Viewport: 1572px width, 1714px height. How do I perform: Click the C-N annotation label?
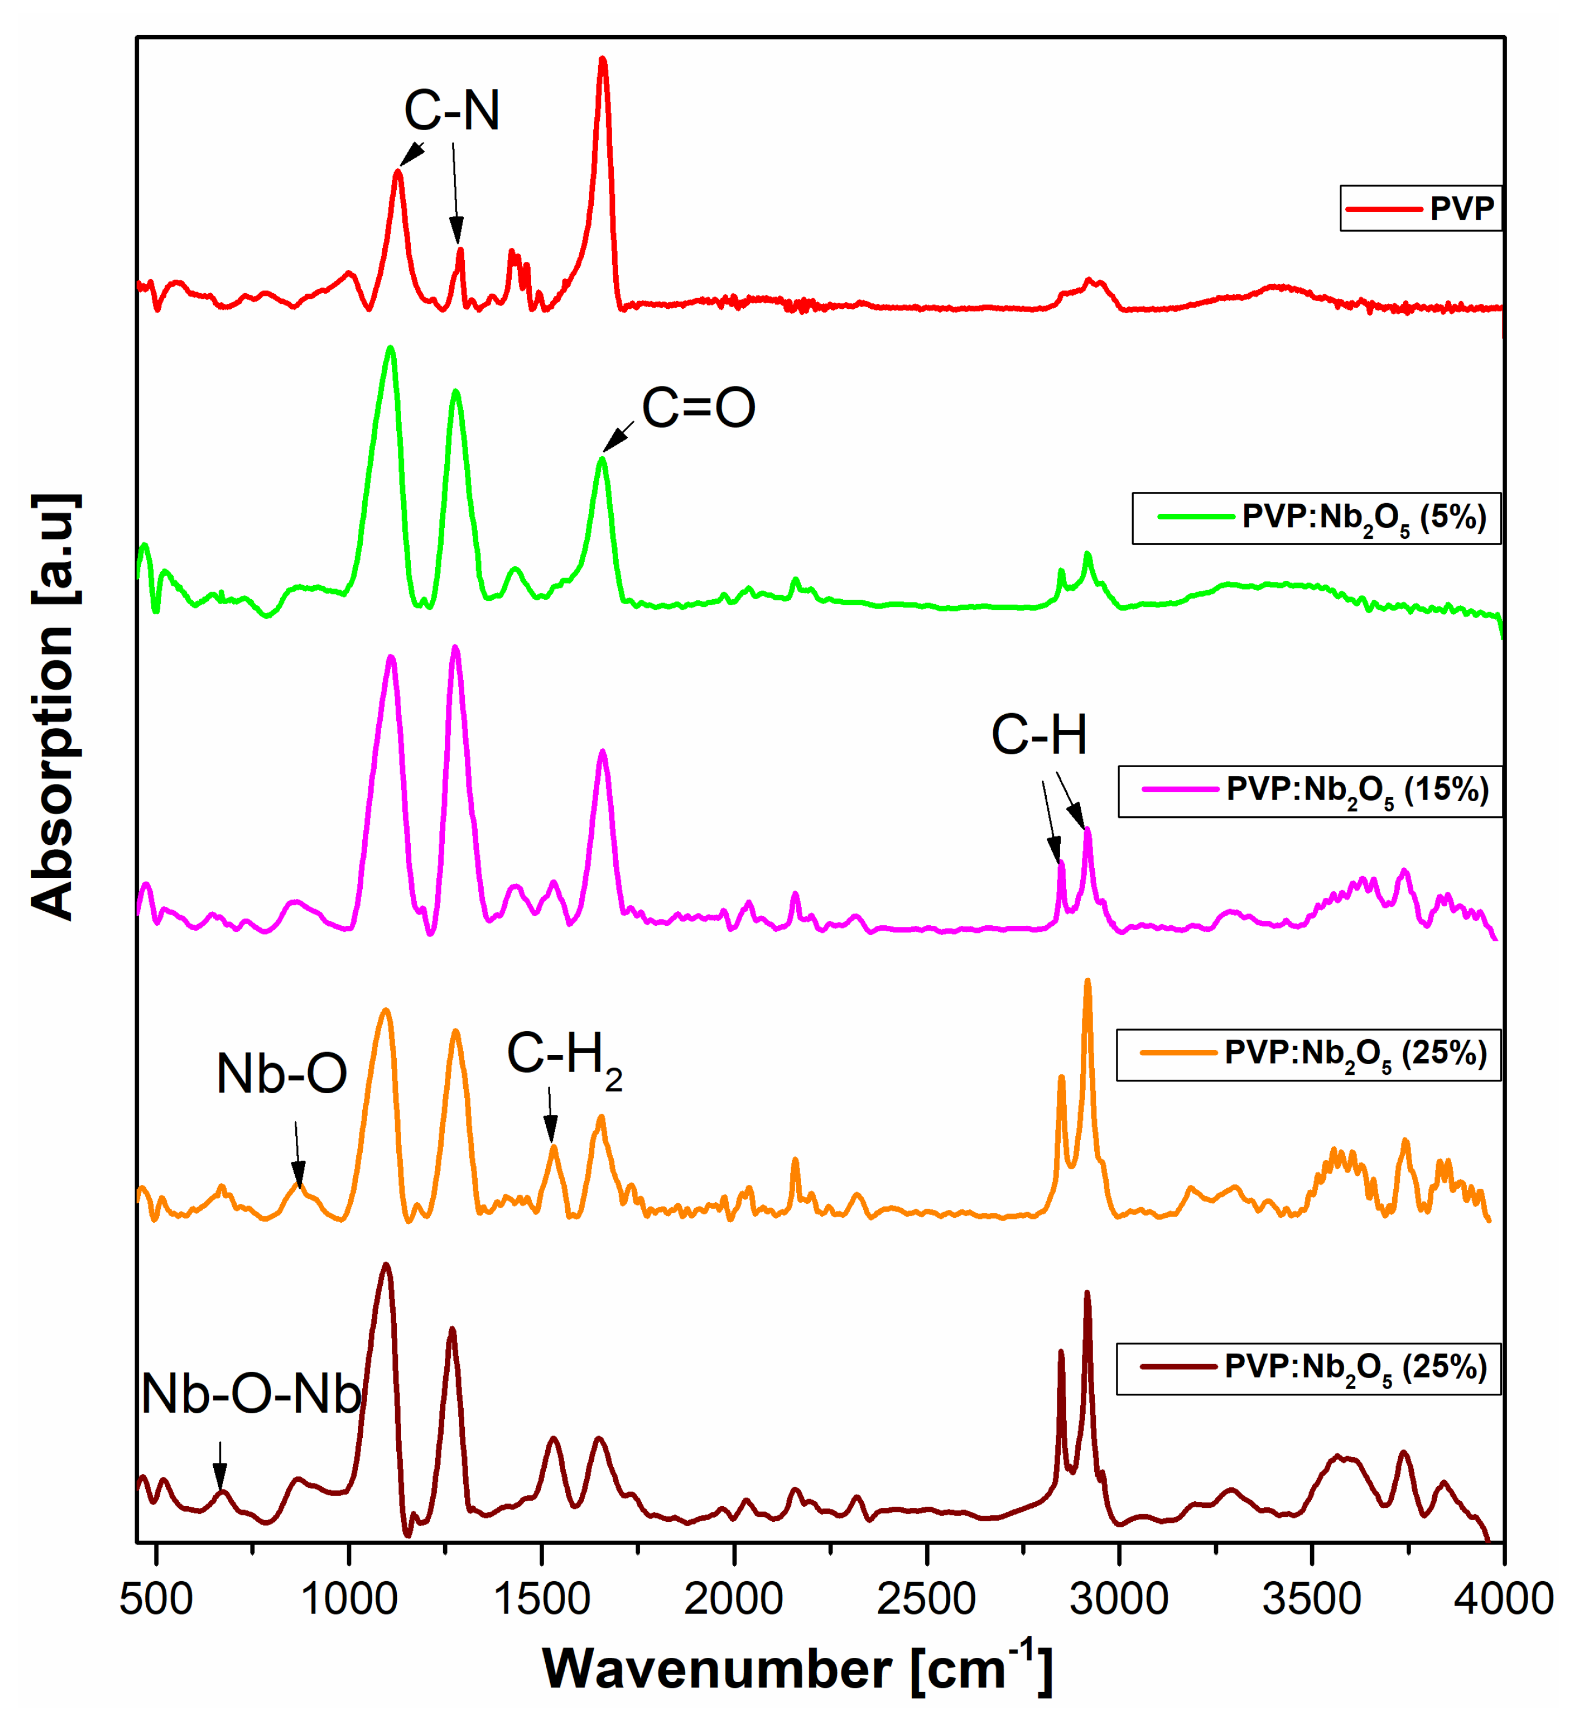pyautogui.click(x=452, y=111)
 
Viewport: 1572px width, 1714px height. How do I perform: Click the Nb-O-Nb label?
pyautogui.click(x=251, y=1396)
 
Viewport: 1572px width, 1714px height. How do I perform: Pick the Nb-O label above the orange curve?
pyautogui.click(x=282, y=1074)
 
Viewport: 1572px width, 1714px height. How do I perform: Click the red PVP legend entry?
pyautogui.click(x=1421, y=208)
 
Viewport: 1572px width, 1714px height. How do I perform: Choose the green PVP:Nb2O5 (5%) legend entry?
pyautogui.click(x=1316, y=518)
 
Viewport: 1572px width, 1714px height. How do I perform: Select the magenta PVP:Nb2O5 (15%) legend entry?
pyautogui.click(x=1310, y=791)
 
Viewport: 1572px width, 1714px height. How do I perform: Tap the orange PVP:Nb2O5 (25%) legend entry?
pyautogui.click(x=1309, y=1055)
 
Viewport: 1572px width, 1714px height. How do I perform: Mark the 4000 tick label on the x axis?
pyautogui.click(x=1503, y=1599)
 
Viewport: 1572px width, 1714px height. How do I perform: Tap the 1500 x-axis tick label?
pyautogui.click(x=542, y=1599)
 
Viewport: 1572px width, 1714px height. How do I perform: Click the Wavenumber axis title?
pyautogui.click(x=797, y=1669)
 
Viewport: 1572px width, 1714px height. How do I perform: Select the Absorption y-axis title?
pyautogui.click(x=53, y=706)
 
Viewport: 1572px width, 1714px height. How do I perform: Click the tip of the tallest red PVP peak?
pyautogui.click(x=603, y=59)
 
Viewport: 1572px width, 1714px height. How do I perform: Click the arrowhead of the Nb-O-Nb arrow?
pyautogui.click(x=220, y=1485)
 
